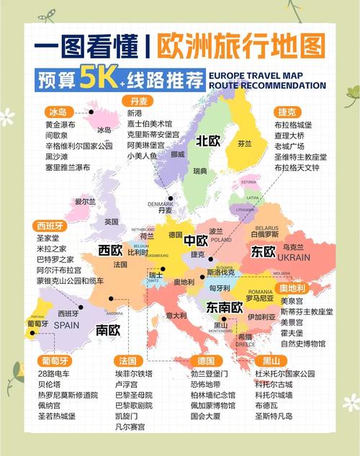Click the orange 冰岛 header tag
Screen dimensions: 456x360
[58, 112]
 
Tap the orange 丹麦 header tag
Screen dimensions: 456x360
[140, 100]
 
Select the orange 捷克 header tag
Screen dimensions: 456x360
[286, 112]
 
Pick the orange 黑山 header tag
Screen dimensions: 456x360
[271, 360]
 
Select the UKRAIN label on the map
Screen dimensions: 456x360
[294, 257]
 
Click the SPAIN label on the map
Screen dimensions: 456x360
[66, 324]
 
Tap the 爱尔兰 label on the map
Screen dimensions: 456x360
[84, 202]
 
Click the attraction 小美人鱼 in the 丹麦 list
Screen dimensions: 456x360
[143, 156]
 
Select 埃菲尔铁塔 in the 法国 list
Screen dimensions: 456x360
[134, 374]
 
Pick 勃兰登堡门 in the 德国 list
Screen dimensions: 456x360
[210, 374]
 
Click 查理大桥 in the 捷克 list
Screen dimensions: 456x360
[290, 135]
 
